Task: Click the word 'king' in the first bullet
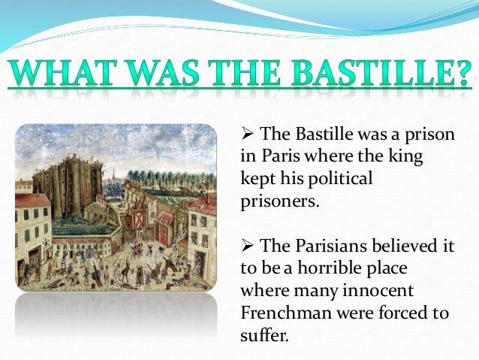point(407,157)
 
